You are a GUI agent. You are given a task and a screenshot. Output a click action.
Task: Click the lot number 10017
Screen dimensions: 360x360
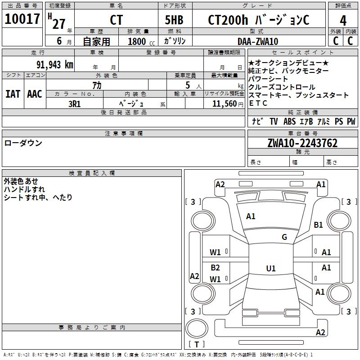coord(22,19)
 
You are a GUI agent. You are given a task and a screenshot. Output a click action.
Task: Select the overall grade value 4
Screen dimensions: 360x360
coord(343,21)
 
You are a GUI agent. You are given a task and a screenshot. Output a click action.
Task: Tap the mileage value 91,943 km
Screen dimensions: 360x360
coord(55,65)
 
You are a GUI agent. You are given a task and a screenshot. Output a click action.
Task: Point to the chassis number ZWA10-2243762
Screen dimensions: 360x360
coord(302,143)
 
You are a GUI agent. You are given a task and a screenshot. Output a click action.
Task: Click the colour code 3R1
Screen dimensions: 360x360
coord(74,104)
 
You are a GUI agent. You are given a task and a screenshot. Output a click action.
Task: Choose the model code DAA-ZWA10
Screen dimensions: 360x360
coord(258,41)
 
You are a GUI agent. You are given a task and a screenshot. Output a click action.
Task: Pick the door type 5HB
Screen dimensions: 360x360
coord(174,20)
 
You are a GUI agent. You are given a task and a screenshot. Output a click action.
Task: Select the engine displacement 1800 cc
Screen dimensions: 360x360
coord(141,41)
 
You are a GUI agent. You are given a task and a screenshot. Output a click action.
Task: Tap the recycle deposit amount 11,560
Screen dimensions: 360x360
coord(224,104)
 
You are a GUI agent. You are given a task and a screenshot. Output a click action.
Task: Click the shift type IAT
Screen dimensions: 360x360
coord(13,94)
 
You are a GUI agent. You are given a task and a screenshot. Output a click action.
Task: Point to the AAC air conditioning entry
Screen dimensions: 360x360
coord(35,94)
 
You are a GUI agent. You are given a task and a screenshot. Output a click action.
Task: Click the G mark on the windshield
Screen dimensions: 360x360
coord(284,237)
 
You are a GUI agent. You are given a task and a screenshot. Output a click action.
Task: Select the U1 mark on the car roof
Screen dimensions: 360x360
coord(271,268)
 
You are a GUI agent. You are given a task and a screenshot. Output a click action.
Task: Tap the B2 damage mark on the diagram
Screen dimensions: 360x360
coord(215,267)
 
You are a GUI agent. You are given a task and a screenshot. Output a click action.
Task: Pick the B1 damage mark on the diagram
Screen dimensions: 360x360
coord(318,225)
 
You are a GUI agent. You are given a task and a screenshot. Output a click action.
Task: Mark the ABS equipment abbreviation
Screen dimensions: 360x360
coord(289,121)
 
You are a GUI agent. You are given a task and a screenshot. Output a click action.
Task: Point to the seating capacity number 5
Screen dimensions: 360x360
coord(188,85)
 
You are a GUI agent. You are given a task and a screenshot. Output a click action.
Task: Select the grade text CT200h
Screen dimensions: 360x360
coord(228,20)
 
